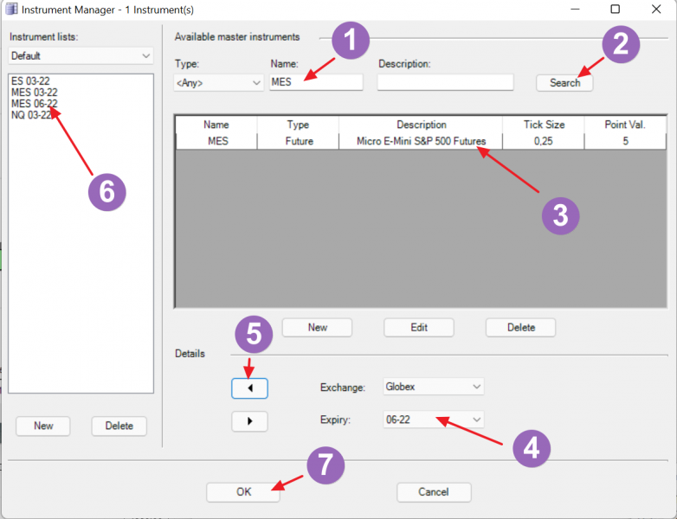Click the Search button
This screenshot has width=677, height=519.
point(564,83)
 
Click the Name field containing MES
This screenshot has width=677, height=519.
point(316,82)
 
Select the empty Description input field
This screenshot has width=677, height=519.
point(445,82)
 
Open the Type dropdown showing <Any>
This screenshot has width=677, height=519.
point(218,82)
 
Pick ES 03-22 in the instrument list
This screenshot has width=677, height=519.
point(30,81)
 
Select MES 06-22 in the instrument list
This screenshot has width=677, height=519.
point(34,104)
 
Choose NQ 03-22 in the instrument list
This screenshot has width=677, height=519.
point(31,115)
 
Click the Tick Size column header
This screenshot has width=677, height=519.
point(544,125)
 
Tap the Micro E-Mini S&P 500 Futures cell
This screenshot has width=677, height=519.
point(421,141)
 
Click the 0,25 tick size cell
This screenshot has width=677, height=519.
point(543,141)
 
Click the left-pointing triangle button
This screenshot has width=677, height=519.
point(249,388)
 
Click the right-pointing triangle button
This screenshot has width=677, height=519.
point(249,421)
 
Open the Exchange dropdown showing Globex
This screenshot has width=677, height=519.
point(434,387)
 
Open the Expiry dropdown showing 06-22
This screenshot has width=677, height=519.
point(434,420)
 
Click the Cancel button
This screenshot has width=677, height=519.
point(434,492)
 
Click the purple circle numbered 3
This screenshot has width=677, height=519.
point(560,215)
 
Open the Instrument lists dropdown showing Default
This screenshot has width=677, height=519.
point(81,55)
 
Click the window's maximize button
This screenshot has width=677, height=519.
point(616,9)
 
